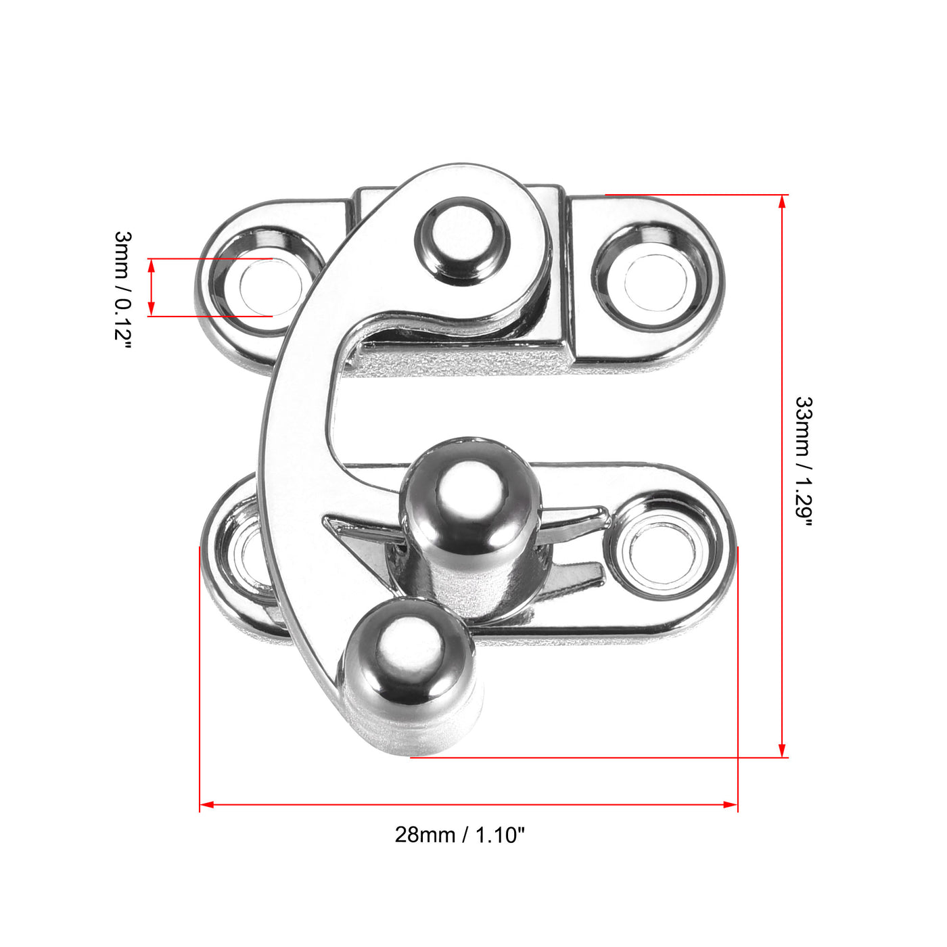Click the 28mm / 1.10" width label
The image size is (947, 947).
click(x=459, y=835)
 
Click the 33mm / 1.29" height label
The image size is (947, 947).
click(x=803, y=460)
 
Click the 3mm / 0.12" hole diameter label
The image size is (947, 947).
click(x=123, y=287)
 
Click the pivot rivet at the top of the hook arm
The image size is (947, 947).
click(x=462, y=240)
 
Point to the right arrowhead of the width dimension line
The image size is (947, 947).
click(x=731, y=804)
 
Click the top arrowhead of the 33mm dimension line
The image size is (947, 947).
click(x=783, y=201)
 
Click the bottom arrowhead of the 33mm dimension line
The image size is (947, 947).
click(x=783, y=751)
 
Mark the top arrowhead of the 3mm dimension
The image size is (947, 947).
click(x=152, y=264)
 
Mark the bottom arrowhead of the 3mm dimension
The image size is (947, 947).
click(x=152, y=310)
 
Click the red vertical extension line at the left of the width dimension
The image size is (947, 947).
click(x=200, y=676)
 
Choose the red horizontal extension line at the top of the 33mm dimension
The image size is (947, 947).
click(x=697, y=195)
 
